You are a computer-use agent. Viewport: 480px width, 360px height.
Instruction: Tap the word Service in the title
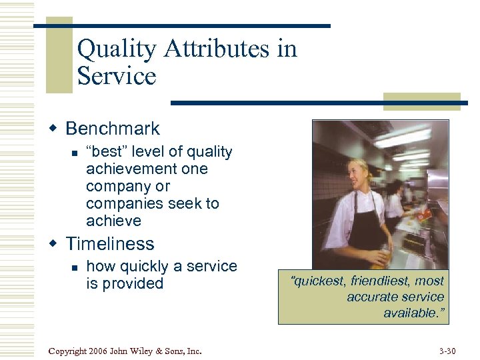tap(116, 76)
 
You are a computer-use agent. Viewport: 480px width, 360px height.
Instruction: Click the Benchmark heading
tap(113, 129)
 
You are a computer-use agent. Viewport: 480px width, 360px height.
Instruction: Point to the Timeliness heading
tap(110, 244)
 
